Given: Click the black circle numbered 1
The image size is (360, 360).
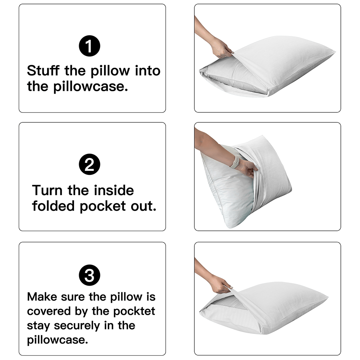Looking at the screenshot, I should coord(90,46).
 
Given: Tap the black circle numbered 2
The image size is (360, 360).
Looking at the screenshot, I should coord(90,165).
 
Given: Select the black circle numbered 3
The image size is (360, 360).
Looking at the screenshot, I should coord(90,276).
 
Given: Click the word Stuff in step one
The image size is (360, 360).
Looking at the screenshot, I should coord(43,71).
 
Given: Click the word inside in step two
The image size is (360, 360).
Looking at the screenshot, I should coord(114,190).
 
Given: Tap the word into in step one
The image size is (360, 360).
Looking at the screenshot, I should coord(147,71).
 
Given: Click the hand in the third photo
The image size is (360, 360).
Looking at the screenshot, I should coord(220,284).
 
